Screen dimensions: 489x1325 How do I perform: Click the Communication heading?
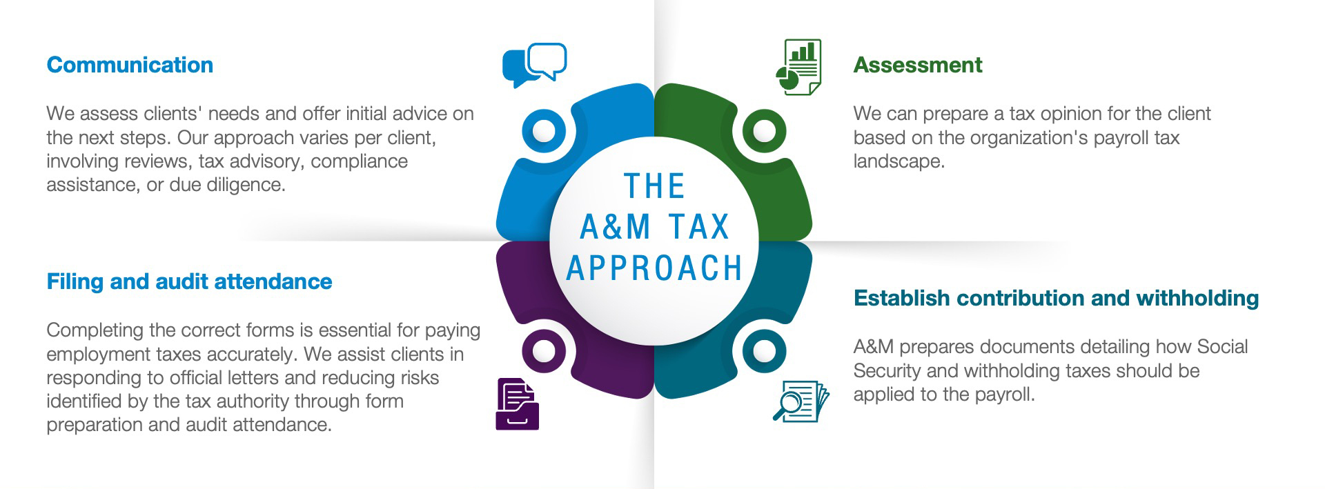click(130, 65)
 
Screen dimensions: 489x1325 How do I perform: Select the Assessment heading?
click(917, 65)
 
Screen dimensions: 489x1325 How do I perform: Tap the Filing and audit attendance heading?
click(189, 281)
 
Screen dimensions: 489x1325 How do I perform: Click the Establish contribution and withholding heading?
click(1056, 298)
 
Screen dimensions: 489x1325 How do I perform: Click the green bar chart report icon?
click(799, 67)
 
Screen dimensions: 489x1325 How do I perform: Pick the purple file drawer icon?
click(517, 404)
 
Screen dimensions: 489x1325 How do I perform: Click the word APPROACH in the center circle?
click(654, 268)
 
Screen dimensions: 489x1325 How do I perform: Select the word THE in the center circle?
click(654, 186)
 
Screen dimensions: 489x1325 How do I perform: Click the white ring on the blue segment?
click(544, 130)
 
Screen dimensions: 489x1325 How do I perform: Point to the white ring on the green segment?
click(764, 130)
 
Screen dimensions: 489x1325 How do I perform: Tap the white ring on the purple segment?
click(544, 350)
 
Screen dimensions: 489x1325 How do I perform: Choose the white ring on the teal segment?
click(764, 350)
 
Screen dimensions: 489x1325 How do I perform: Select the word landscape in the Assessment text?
click(897, 161)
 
